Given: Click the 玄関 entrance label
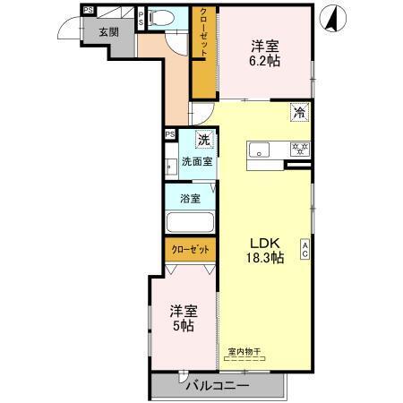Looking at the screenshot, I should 108,31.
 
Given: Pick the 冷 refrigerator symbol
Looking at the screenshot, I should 299,113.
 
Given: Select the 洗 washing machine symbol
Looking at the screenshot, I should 204,141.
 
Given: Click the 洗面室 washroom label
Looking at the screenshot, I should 197,162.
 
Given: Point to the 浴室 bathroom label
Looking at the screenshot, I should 189,197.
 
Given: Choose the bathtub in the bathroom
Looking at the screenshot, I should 188,224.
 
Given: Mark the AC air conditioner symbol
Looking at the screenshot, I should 305,250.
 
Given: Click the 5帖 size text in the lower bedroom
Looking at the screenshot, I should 184,326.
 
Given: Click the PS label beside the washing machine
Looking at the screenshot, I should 170,135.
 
